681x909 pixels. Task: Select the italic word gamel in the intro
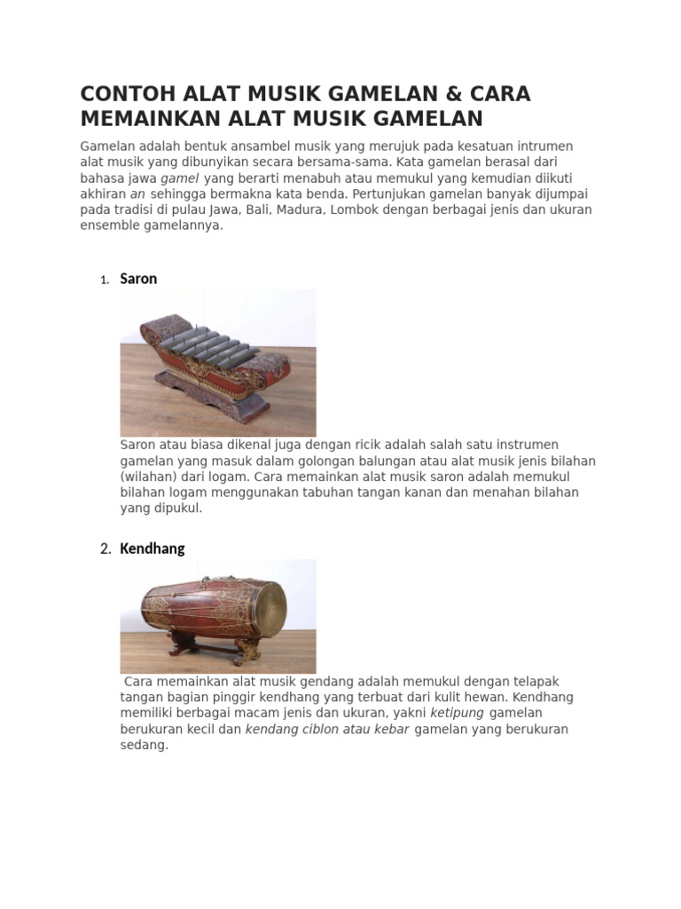[179, 178]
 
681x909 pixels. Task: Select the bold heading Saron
[138, 279]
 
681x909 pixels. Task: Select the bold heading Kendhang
[153, 549]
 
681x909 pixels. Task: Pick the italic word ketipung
[457, 713]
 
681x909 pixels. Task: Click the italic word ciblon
[323, 729]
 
